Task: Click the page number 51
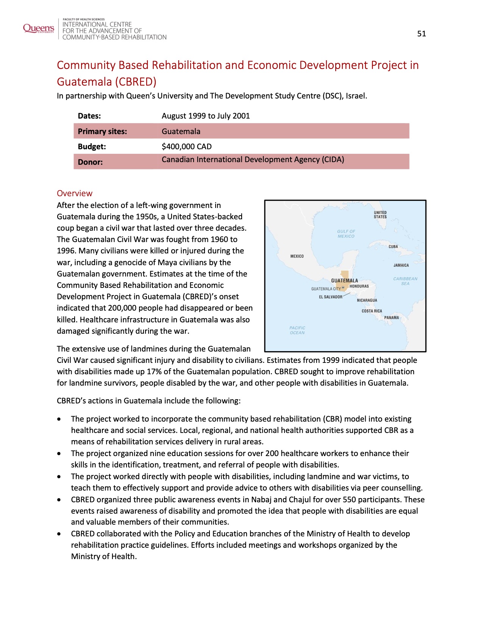pos(421,34)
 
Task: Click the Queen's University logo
pos(38,28)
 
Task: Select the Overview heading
pos(74,193)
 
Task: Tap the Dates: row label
pos(89,116)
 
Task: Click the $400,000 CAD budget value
pos(186,147)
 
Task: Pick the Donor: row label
pos(90,162)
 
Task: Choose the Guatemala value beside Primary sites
pos(181,131)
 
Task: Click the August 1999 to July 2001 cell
pos(205,116)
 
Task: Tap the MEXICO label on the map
pos(297,256)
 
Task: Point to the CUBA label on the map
pos(393,247)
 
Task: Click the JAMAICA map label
pos(401,266)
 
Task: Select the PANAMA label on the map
pos(391,318)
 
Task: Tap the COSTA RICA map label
pos(372,311)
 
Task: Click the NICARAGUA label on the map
pos(367,300)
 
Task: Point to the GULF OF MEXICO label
pos(346,234)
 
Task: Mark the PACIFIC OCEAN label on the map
pos(297,330)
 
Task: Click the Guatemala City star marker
pos(343,288)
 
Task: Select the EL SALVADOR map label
pos(330,297)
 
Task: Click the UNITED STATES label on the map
pos(380,215)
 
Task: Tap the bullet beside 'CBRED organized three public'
pos(59,500)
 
